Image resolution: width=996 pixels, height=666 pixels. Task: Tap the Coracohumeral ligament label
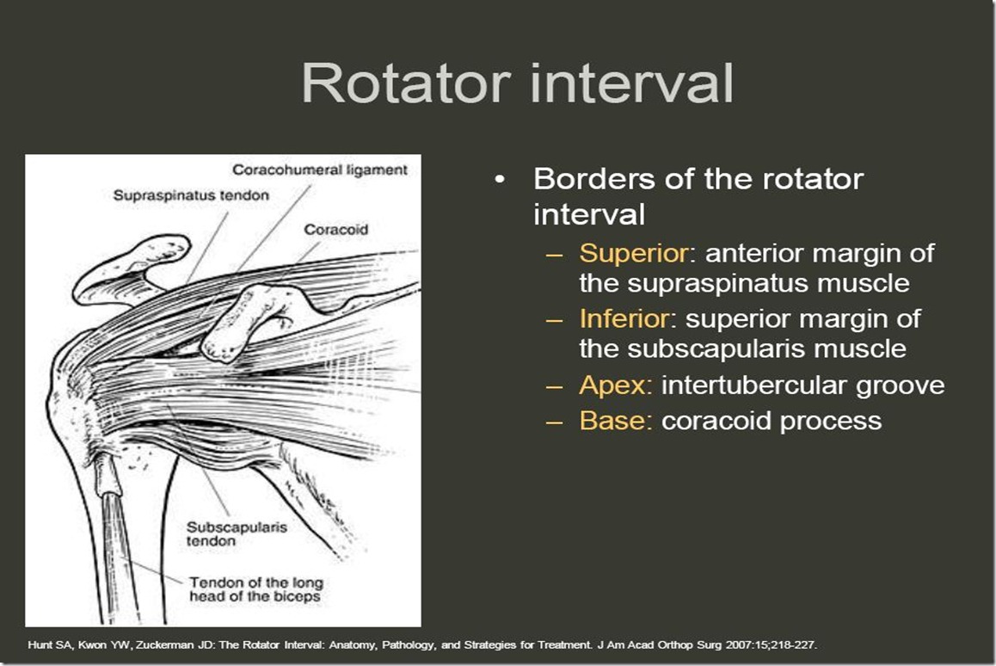coord(320,170)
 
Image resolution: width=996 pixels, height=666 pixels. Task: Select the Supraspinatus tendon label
coord(191,195)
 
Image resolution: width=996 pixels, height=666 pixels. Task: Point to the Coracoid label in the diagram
coord(335,230)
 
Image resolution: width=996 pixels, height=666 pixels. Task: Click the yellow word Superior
coord(624,254)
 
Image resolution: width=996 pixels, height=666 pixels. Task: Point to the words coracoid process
coord(772,421)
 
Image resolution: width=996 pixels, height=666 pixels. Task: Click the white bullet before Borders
coord(499,180)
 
